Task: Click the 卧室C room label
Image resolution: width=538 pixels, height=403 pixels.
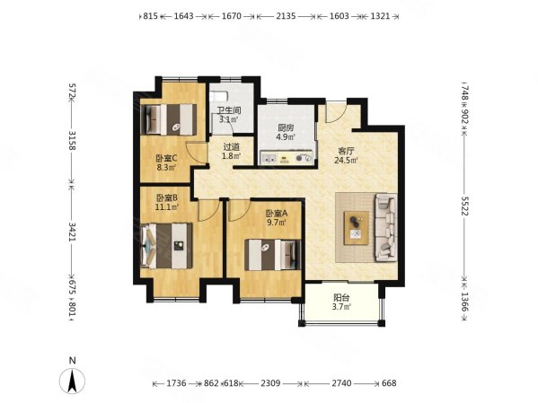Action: [x=166, y=159]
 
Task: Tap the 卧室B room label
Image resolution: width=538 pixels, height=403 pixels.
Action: [x=167, y=197]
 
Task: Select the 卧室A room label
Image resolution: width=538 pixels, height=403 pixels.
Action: [x=277, y=214]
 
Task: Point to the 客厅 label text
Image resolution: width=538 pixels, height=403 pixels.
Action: [x=346, y=151]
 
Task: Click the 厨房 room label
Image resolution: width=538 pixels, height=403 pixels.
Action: [x=286, y=128]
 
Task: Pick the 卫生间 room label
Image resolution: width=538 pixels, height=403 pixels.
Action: [x=229, y=110]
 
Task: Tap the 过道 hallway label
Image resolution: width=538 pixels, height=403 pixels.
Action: [x=232, y=147]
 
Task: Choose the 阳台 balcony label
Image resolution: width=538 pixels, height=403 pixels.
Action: [x=341, y=298]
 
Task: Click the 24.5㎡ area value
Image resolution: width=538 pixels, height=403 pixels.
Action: [x=346, y=160]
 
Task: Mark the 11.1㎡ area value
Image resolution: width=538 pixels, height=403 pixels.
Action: [x=167, y=206]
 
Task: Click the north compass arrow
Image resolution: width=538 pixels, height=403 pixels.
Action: [x=72, y=381]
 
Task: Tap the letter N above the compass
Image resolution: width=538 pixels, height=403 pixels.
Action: [x=73, y=361]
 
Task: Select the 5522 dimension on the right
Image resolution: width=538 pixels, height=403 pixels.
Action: [x=464, y=206]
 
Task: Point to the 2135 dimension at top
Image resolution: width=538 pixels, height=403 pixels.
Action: [x=286, y=16]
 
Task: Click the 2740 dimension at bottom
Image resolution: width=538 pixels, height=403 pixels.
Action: [x=341, y=382]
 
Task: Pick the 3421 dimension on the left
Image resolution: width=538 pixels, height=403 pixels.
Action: [x=73, y=232]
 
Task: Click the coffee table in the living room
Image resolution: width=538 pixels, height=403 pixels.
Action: [x=357, y=228]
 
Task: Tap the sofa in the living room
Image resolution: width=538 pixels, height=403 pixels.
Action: [x=387, y=228]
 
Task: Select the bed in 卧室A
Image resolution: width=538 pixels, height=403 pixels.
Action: [x=273, y=255]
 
